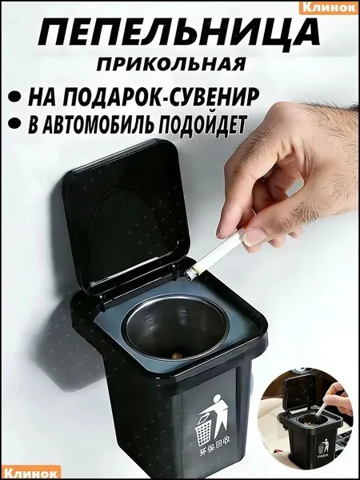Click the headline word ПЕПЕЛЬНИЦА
point(179,37)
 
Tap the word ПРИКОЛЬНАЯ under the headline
point(171,65)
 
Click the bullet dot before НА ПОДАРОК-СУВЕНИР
point(17,97)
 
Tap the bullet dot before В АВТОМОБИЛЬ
point(17,124)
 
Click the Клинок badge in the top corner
point(329,7)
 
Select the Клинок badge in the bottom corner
point(30,473)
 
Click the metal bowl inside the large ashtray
point(175,327)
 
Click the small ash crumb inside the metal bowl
point(176,355)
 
